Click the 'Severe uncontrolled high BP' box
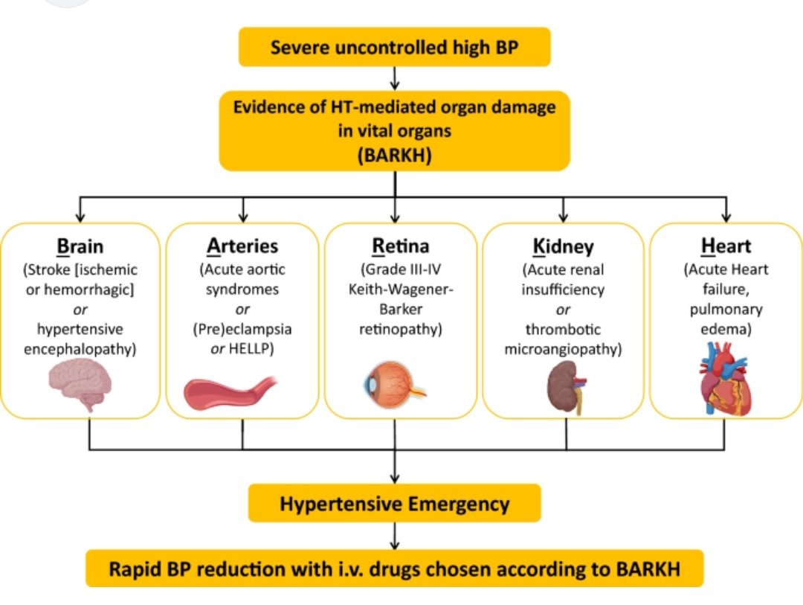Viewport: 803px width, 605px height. pos(394,48)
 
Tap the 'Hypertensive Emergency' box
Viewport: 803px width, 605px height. pos(394,504)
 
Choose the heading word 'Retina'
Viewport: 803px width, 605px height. pos(400,247)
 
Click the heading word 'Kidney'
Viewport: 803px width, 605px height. pos(563,247)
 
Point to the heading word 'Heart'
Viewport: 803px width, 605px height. pos(726,247)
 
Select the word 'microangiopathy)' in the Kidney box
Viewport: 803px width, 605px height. pos(563,350)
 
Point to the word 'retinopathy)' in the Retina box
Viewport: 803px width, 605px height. pos(401,329)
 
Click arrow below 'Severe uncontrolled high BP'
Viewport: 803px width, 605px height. pos(394,77)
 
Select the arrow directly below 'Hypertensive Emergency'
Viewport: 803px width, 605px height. pos(394,535)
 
